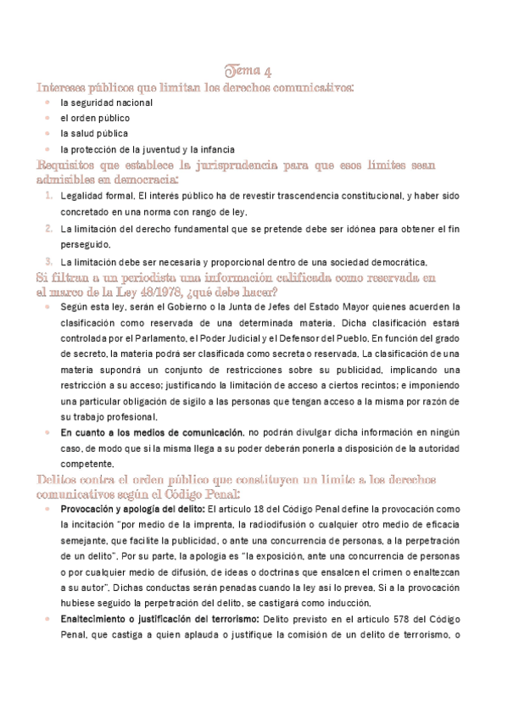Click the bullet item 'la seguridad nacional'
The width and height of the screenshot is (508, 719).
point(106,103)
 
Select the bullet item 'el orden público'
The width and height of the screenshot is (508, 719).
point(94,118)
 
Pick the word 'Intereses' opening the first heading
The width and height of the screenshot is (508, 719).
point(65,86)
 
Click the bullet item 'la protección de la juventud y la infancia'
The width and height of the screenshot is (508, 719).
point(147,149)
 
